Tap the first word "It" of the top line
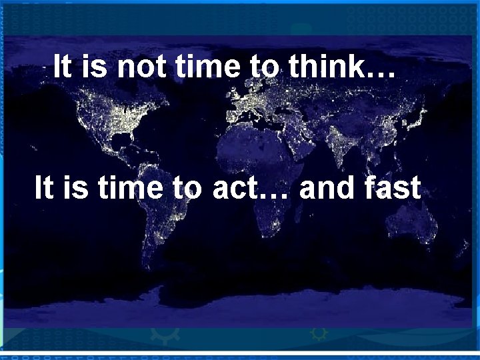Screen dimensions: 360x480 63,67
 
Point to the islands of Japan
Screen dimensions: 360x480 418,118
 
